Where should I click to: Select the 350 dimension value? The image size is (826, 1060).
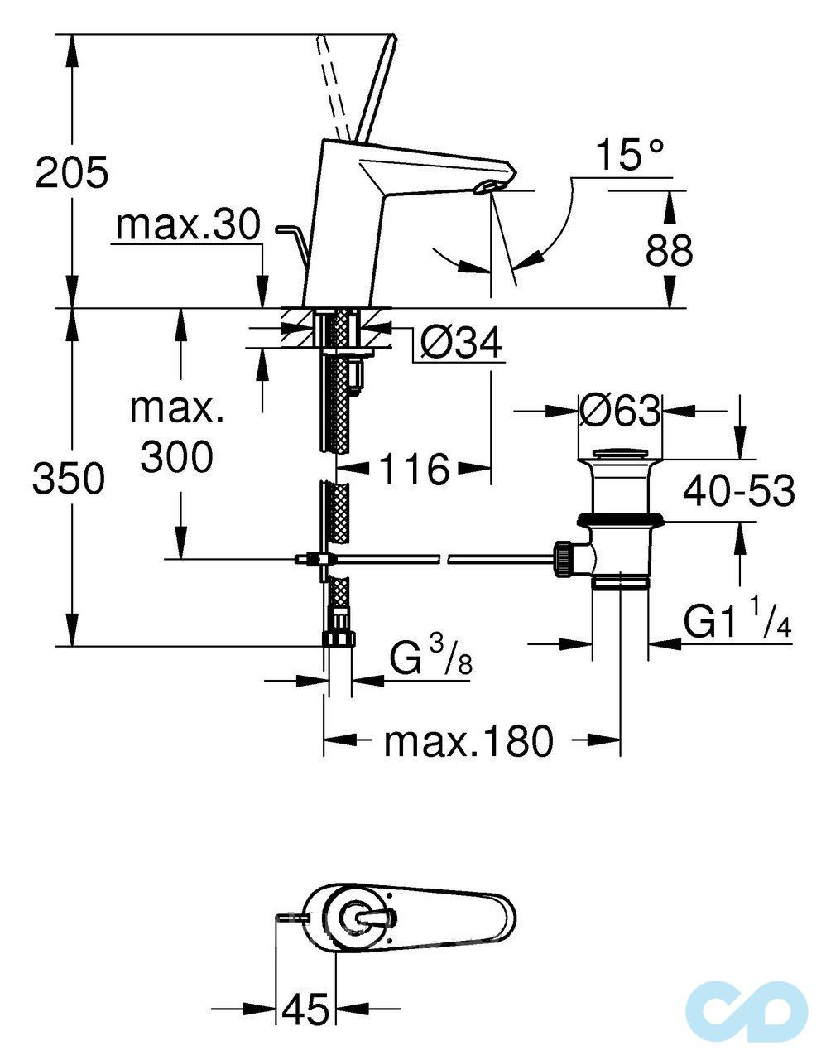point(69,479)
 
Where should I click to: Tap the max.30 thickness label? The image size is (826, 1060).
point(189,224)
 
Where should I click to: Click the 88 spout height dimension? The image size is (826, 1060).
point(669,250)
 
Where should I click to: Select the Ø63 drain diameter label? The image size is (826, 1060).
point(621,410)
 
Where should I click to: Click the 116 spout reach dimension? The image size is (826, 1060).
point(414,470)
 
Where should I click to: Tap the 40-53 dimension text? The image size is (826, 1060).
point(738,491)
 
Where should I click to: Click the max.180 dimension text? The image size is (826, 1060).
point(468,741)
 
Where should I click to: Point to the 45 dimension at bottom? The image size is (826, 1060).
point(305,1009)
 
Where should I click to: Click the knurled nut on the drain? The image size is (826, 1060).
point(563,558)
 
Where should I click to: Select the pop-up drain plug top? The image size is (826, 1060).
point(622,453)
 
